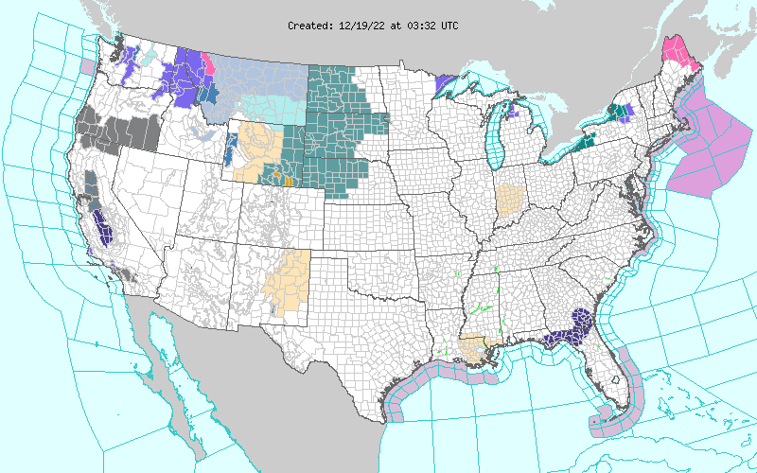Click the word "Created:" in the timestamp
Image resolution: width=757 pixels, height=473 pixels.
[310, 26]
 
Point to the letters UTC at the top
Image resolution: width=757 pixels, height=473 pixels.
[448, 26]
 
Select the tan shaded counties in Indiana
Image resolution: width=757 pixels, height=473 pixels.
[511, 199]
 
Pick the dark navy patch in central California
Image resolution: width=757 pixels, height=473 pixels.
[106, 230]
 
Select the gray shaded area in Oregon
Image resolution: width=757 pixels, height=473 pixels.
[118, 132]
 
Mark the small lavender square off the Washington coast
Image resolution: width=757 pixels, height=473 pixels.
[88, 67]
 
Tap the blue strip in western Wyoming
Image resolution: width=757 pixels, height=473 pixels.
[230, 147]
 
